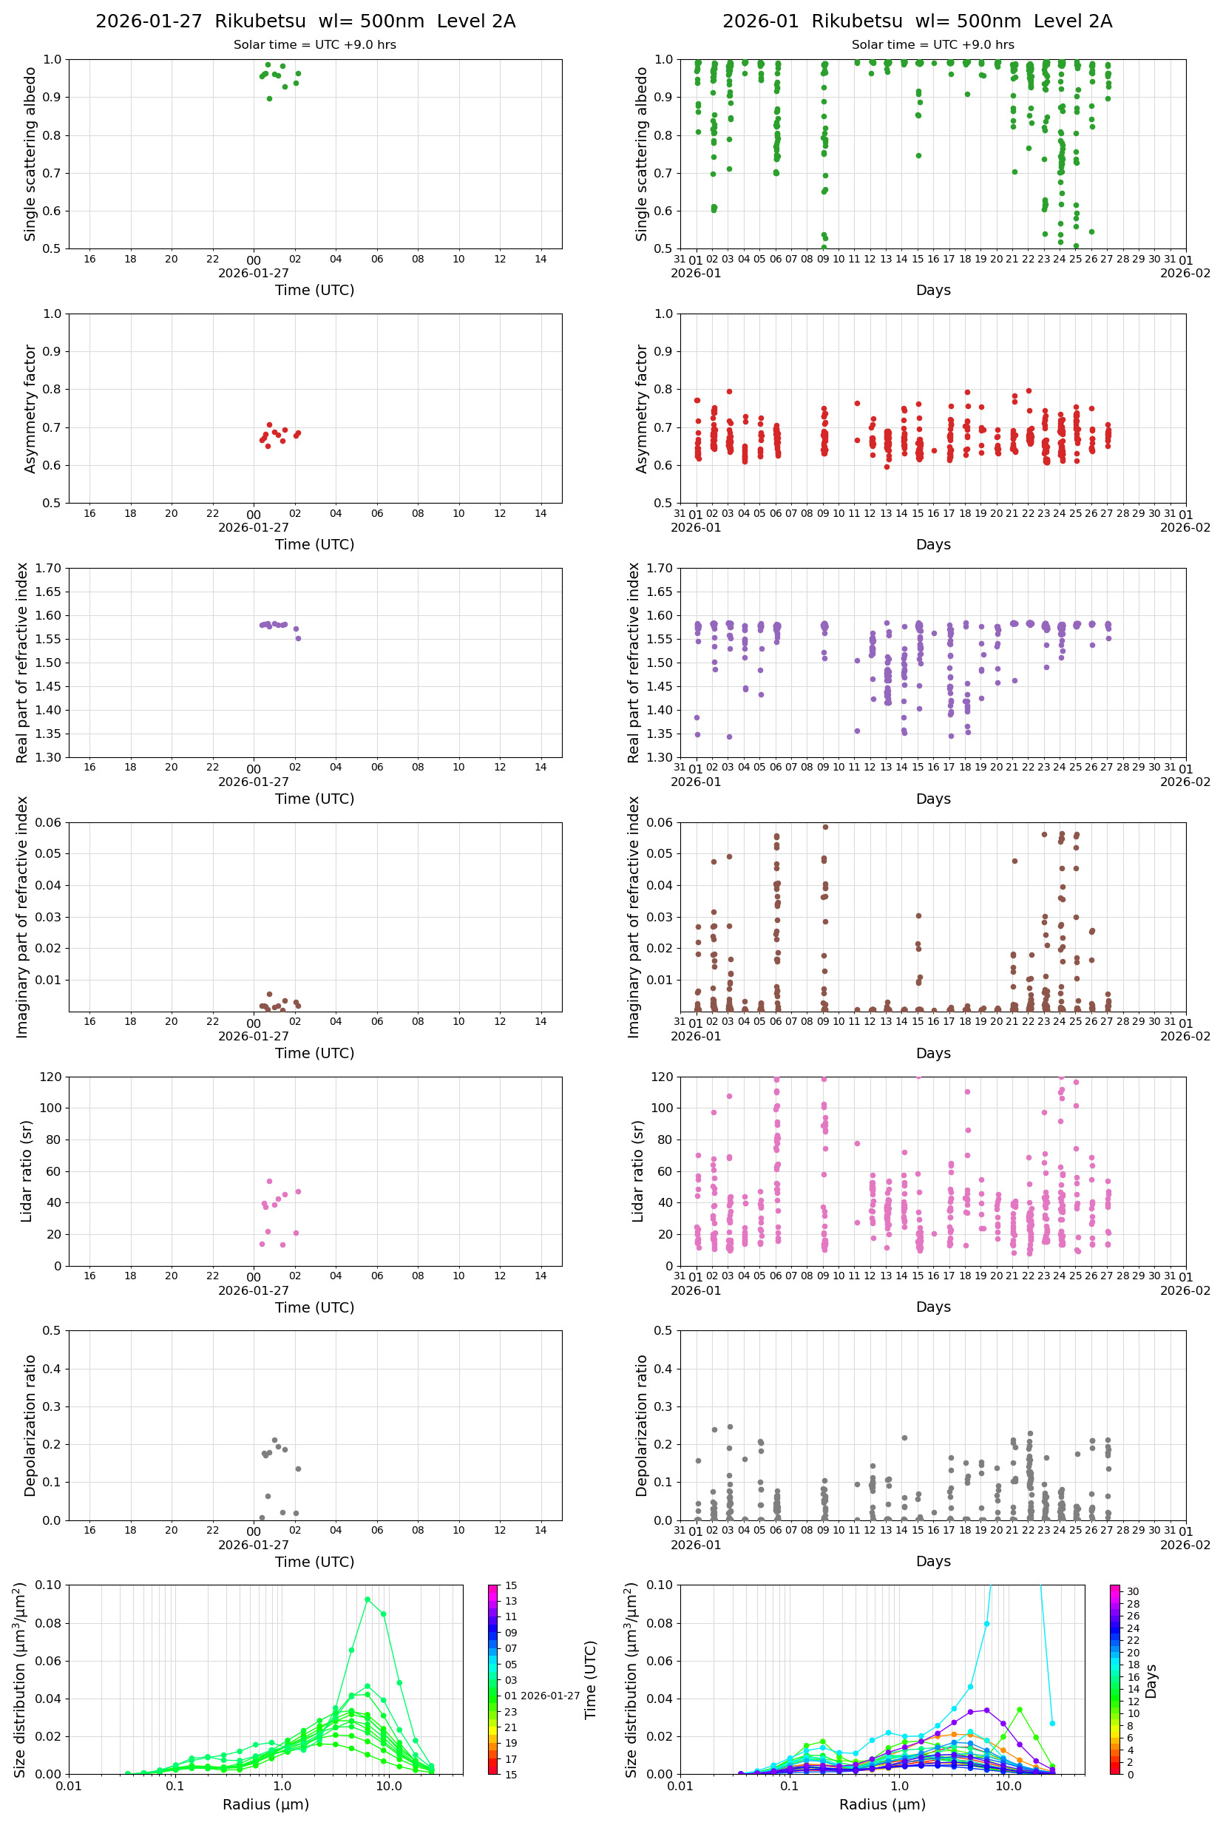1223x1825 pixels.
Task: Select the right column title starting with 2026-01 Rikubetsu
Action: click(916, 21)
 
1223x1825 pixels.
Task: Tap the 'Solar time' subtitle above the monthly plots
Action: click(932, 44)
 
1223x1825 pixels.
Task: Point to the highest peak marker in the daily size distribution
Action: click(367, 1599)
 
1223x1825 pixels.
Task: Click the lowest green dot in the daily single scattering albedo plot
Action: click(269, 99)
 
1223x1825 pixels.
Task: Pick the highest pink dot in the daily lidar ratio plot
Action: click(269, 1181)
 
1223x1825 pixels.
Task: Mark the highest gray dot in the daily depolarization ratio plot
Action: click(274, 1440)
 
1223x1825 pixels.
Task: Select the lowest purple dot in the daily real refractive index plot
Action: click(298, 639)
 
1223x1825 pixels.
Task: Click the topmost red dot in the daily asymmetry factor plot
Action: click(269, 425)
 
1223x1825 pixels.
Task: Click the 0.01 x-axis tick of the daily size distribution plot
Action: click(69, 1786)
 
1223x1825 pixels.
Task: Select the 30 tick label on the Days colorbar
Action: click(1133, 1592)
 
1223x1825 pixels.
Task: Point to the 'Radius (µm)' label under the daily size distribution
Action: click(265, 1805)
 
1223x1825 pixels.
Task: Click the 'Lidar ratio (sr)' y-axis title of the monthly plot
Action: click(638, 1171)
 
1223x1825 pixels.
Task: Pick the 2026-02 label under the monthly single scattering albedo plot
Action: click(1185, 273)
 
